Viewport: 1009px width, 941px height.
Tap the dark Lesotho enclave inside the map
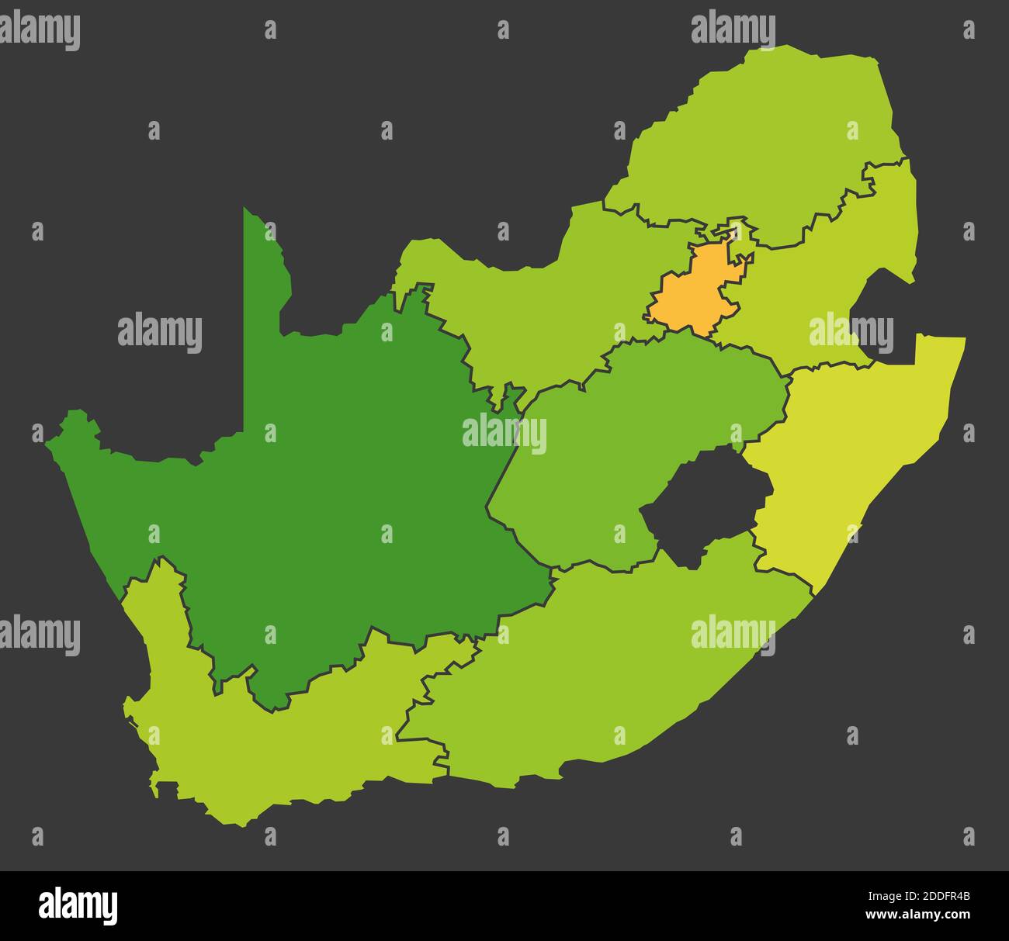[x=702, y=504]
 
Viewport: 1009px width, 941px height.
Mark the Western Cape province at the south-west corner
[x=279, y=745]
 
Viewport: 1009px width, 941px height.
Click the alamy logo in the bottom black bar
[x=78, y=906]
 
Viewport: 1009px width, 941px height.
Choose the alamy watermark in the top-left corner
[x=40, y=31]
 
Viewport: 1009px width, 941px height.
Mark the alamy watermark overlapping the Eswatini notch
[x=851, y=332]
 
